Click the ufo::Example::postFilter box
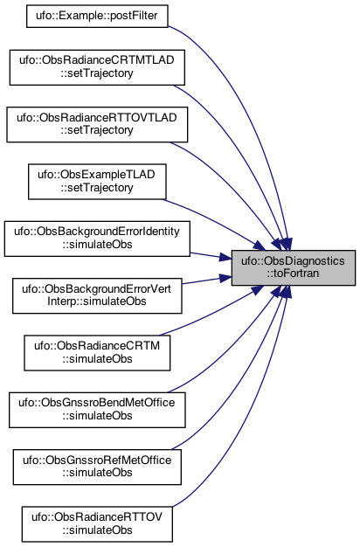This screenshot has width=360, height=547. coord(97,16)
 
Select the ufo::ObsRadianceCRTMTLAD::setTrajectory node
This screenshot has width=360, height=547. coord(97,67)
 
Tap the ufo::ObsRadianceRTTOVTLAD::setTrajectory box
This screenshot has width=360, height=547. coord(97,125)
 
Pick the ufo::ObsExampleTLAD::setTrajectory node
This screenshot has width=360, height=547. coord(97,182)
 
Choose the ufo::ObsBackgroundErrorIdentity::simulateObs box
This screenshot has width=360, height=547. coord(97,239)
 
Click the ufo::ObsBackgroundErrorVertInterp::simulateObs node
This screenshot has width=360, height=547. coord(97,296)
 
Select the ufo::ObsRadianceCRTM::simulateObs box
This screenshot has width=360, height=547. coord(97,353)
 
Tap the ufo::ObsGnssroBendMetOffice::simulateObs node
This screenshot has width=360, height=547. coord(97,410)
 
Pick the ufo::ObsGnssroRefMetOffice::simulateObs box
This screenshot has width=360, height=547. coord(97,467)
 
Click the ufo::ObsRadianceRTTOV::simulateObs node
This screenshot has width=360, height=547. coord(97,524)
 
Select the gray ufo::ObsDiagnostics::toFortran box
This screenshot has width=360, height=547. coord(294,267)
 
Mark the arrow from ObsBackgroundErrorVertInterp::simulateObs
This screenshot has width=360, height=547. coord(207,280)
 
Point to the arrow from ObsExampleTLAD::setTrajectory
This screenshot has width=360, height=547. coord(217,221)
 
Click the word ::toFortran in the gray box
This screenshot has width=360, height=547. coord(294,273)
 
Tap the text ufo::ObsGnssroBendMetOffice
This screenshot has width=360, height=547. coord(97,403)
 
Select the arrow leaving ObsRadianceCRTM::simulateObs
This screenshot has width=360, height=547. coord(213,312)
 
